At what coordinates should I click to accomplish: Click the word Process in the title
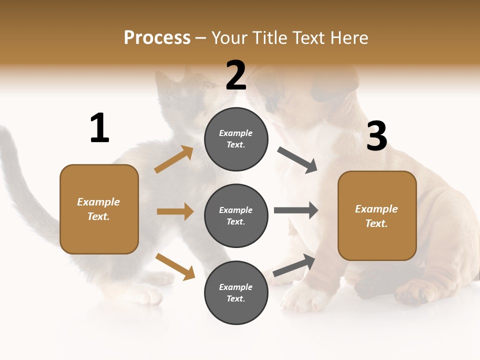coord(157,37)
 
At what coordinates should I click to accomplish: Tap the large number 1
coord(99,128)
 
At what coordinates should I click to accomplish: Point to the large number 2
coord(236,75)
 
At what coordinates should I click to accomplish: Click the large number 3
coord(376,136)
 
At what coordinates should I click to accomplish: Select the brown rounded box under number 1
coord(99,209)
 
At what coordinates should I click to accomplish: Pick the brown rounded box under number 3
coord(377,216)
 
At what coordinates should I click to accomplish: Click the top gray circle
coord(236,139)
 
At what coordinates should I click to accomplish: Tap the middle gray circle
coord(236,215)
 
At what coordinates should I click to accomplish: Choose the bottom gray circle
coord(236,292)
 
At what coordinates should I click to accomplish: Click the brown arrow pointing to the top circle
coord(174,159)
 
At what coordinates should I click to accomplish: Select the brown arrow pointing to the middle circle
coord(175,211)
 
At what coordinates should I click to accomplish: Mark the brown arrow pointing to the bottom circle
coord(175,266)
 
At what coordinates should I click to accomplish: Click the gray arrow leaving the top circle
coord(297,160)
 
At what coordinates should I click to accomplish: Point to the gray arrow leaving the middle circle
coord(296,210)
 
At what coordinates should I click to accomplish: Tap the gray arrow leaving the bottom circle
coord(294,265)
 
